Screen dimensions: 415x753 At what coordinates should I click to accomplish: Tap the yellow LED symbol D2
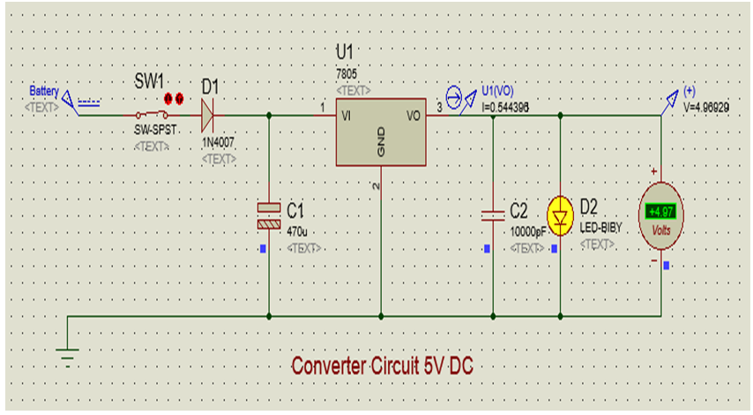coord(561,214)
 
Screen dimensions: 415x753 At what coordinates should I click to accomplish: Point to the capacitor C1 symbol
coord(269,215)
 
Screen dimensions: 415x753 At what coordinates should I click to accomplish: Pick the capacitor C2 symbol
coord(492,215)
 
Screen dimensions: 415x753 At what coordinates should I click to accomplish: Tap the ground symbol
coord(67,353)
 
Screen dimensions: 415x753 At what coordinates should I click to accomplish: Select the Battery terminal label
coord(44,91)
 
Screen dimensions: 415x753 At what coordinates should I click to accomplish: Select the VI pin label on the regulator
coord(347,115)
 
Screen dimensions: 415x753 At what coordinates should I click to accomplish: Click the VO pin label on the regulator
coord(413,115)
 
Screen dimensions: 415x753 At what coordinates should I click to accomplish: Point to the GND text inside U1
coord(382,146)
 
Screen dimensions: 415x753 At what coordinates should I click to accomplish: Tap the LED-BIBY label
coord(600,229)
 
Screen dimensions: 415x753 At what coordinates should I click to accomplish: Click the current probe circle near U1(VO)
coord(453,98)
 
